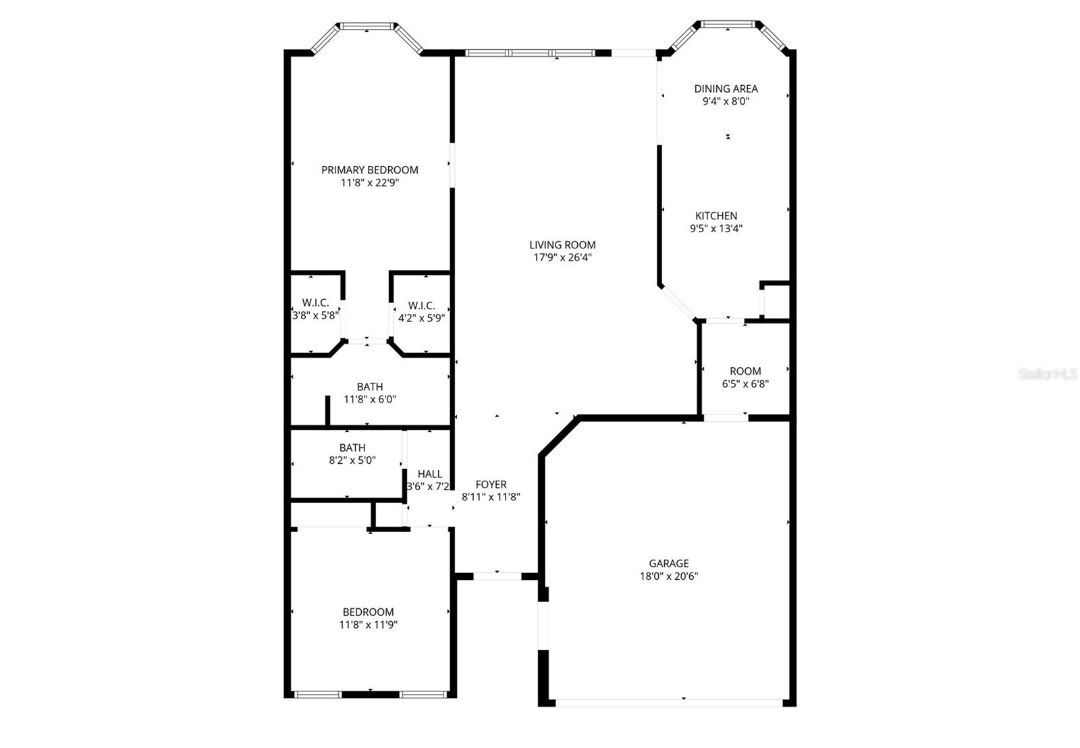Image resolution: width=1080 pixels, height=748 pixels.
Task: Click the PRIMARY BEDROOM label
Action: click(x=369, y=170)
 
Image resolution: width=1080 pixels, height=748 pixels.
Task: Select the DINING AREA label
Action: click(x=726, y=88)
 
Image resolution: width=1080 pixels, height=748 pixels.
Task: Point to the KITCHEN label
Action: click(x=716, y=216)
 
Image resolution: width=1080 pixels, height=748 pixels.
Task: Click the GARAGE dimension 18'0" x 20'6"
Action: click(x=668, y=577)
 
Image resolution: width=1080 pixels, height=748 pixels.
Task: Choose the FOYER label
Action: click(x=491, y=485)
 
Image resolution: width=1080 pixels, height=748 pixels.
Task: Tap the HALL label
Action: click(x=429, y=474)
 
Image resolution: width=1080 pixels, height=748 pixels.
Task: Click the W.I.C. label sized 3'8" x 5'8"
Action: click(x=315, y=303)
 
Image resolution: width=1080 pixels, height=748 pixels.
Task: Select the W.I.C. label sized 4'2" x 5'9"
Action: click(x=421, y=306)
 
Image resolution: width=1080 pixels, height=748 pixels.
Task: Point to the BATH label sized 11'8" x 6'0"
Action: click(x=369, y=387)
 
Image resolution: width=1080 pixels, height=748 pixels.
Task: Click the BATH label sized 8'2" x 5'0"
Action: click(x=352, y=448)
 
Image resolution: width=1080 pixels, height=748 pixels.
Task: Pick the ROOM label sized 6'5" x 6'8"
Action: click(x=745, y=371)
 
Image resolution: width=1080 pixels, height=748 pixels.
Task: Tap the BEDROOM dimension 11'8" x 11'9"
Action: click(x=368, y=625)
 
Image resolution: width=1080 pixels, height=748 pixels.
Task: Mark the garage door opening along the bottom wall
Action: click(x=668, y=703)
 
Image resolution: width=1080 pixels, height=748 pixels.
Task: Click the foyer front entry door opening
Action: click(x=497, y=576)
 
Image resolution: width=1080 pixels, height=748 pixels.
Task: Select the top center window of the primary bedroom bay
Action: click(x=367, y=26)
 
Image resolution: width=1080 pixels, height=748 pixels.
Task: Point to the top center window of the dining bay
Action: click(x=728, y=24)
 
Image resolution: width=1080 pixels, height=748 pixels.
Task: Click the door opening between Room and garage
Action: click(x=726, y=418)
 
